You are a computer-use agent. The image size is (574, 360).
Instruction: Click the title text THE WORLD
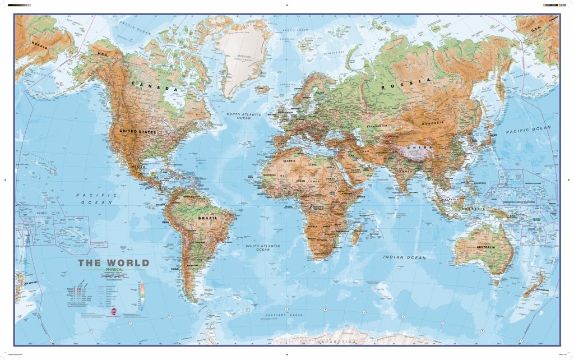[x=113, y=262]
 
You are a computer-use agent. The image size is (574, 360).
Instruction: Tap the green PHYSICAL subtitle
[x=114, y=270]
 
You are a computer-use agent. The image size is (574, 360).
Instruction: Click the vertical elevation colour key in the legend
[x=142, y=297]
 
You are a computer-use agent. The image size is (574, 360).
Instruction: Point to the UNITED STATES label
[x=137, y=131]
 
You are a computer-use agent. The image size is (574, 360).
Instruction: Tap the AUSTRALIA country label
[x=485, y=247]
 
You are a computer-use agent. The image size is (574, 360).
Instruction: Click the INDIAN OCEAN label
[x=405, y=257]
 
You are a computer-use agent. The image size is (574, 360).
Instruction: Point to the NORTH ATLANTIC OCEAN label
[x=242, y=116]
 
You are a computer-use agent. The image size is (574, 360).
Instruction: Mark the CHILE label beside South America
[x=174, y=269]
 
